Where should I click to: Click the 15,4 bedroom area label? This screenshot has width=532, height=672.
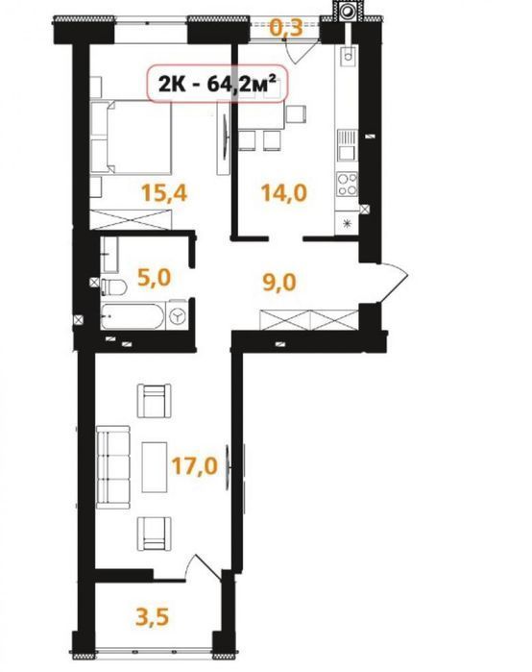click(x=164, y=192)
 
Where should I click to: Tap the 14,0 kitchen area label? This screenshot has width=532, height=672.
click(x=284, y=192)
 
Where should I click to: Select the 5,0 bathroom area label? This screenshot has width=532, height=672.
click(x=154, y=277)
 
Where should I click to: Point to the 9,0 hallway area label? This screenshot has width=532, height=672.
click(x=279, y=283)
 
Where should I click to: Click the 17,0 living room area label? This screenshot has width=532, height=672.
click(x=195, y=466)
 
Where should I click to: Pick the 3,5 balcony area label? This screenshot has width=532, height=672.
click(x=153, y=617)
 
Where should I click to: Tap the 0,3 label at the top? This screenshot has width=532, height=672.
click(x=286, y=28)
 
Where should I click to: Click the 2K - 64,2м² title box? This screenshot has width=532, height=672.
click(x=216, y=84)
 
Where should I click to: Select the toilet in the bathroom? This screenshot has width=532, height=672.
click(x=113, y=286)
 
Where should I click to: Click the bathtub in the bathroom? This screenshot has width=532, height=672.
click(x=133, y=316)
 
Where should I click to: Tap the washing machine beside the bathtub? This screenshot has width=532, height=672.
click(x=177, y=316)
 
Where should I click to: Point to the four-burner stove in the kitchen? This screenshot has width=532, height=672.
click(x=347, y=184)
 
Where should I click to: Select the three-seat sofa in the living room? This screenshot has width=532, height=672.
click(x=113, y=467)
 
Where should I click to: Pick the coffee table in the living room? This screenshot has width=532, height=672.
click(x=155, y=467)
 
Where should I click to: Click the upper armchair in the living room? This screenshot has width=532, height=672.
click(x=154, y=401)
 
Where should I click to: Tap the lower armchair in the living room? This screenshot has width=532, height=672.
click(x=154, y=534)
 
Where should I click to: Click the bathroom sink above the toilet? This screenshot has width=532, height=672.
click(x=110, y=255)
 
